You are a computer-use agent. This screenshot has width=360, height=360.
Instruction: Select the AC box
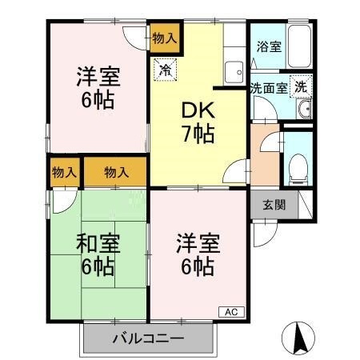coord(231,311)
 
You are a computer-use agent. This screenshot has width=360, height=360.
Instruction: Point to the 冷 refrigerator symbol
coord(166,70)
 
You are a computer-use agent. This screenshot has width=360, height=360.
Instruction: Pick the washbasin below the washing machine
coord(302,110)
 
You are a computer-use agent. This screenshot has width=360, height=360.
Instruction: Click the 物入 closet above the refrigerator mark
coord(165,37)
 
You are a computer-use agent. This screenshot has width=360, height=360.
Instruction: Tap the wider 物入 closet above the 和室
coord(117,172)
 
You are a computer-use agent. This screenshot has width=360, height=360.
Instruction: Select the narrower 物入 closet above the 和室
coord(64,172)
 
